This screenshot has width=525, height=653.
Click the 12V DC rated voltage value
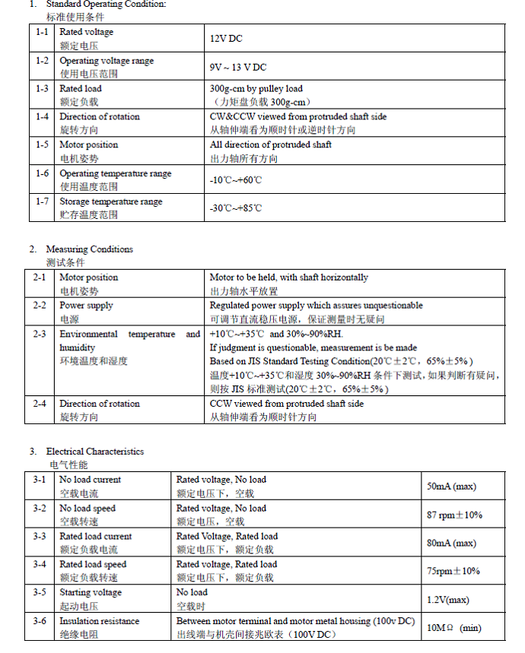point(226,38)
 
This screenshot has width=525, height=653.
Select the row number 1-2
point(42,60)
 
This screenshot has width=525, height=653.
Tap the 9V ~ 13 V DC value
point(238,67)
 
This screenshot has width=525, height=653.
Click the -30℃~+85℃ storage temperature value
point(235,208)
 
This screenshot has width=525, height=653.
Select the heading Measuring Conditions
point(89,249)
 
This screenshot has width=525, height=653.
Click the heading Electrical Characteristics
point(94,452)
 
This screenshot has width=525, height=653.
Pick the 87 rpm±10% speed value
point(454,515)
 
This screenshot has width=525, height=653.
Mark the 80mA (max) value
point(452,543)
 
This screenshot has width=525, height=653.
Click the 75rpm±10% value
point(453,571)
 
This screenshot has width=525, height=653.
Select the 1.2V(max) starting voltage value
point(448,600)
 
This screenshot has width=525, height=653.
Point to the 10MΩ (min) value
point(453,628)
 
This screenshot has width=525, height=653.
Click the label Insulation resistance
point(100,621)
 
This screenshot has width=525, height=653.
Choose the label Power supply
point(86,306)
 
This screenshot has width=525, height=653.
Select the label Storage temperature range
point(111,201)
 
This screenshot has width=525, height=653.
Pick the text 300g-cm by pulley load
point(256,89)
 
